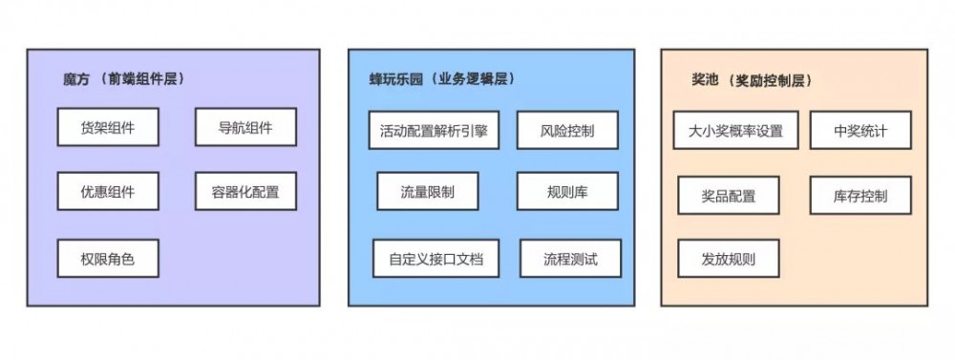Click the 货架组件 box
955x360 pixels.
point(108,128)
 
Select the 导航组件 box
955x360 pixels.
point(245,128)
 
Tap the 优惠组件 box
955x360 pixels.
point(108,192)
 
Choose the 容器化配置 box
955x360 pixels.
point(245,192)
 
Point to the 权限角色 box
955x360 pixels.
point(108,258)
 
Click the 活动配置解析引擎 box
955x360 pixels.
point(434,131)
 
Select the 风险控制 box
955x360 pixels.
point(567,131)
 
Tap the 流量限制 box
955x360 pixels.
point(427,192)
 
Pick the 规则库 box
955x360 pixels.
point(567,192)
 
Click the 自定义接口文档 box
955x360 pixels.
point(435,259)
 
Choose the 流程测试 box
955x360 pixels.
point(570,259)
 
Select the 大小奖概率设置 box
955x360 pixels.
point(735,131)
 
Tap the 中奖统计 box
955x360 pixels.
point(859,131)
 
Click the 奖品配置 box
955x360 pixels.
point(729,196)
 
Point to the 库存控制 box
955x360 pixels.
point(859,196)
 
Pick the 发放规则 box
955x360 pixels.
point(729,258)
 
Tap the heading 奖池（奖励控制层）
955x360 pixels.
point(751,80)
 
